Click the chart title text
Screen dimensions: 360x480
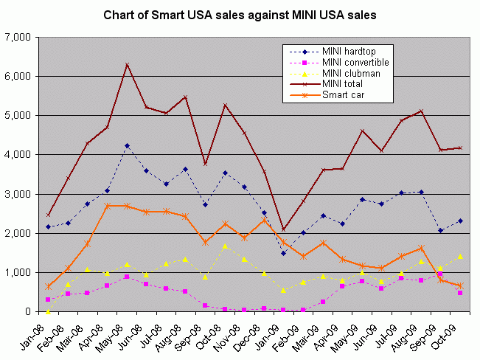(x=240, y=14)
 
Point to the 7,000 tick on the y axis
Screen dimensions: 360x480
(x=27, y=37)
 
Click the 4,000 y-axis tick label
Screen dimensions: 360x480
(x=27, y=155)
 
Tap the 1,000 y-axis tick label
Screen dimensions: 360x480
(x=27, y=273)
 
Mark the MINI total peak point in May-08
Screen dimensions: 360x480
(x=127, y=64)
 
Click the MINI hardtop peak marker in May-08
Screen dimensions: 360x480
(x=127, y=145)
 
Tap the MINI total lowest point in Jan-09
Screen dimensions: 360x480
(x=283, y=229)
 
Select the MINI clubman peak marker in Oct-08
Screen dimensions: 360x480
(x=225, y=246)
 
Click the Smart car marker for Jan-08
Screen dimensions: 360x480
(x=49, y=286)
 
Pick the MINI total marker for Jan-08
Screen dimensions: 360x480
(x=49, y=215)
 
